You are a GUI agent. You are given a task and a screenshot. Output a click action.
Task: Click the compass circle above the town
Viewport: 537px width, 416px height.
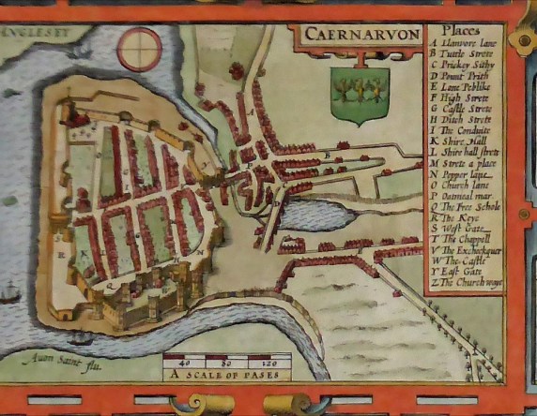[x=139, y=48]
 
